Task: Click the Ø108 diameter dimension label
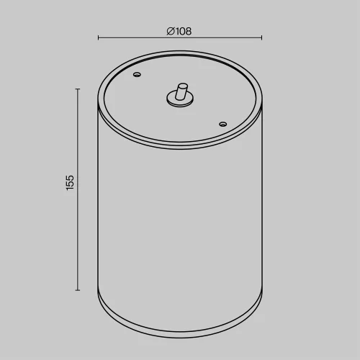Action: (179, 31)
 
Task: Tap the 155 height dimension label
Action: (70, 183)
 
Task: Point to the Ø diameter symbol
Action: (171, 31)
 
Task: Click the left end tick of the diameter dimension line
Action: (98, 37)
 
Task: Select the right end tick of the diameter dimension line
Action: (261, 37)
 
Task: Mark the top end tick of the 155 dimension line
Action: (78, 89)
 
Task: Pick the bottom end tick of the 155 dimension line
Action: (78, 290)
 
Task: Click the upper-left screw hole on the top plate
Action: (137, 74)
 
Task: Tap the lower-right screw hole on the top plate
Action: (223, 124)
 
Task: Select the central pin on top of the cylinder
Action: (181, 91)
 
